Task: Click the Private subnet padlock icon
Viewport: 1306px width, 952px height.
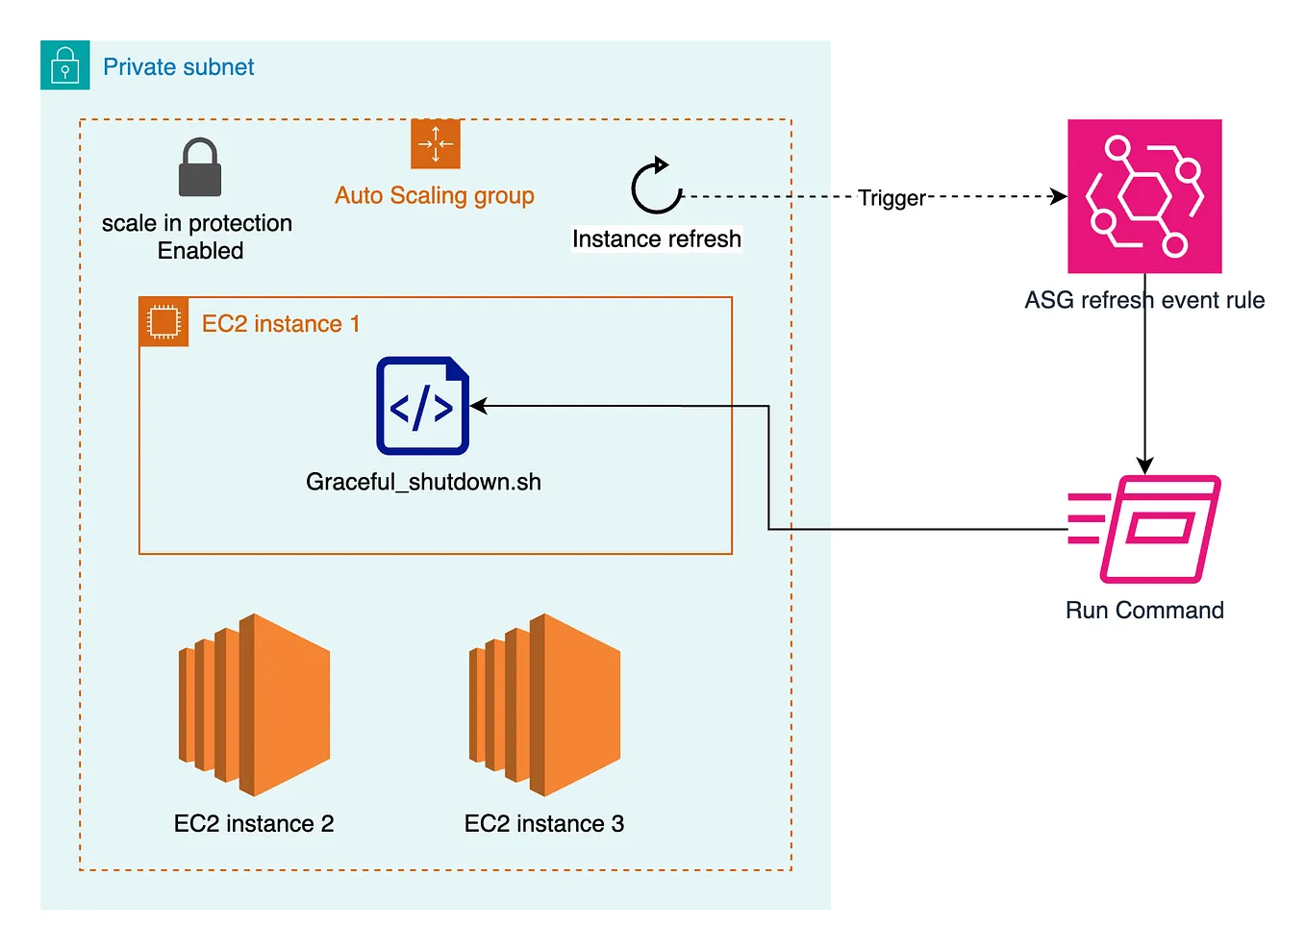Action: [x=64, y=65]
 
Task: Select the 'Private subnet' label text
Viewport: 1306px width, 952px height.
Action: [x=178, y=67]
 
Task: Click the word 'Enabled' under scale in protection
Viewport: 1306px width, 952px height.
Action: [x=200, y=251]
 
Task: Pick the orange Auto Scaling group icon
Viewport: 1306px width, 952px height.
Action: [x=435, y=144]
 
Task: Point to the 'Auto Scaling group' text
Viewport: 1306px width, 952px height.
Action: [x=434, y=196]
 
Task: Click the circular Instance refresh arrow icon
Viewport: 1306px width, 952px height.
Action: [x=656, y=187]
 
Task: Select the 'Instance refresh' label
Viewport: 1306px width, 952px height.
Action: [x=656, y=238]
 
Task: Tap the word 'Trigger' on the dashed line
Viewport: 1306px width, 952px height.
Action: [x=891, y=198]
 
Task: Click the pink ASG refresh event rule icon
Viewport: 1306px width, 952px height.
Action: [x=1144, y=196]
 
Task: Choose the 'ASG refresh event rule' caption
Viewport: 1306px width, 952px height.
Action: [x=1143, y=300]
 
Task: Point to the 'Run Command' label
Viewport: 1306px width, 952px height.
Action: [x=1144, y=611]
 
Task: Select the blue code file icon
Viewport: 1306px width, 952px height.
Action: [x=422, y=406]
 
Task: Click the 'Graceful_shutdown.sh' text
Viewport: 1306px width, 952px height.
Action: [x=423, y=482]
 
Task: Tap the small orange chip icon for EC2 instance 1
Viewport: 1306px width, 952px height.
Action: [x=163, y=322]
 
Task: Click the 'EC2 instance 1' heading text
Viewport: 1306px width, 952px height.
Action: [x=280, y=324]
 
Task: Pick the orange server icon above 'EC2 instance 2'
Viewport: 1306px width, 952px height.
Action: [x=254, y=705]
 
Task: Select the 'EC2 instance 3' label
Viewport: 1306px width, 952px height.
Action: [x=543, y=824]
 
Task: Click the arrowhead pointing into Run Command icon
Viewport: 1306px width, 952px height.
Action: [x=1144, y=465]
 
